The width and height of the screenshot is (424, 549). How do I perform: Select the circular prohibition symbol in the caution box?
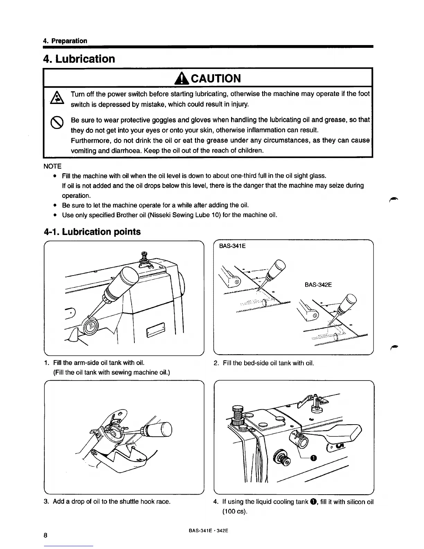pos(56,122)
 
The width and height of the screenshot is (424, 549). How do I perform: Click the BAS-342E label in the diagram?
pos(318,285)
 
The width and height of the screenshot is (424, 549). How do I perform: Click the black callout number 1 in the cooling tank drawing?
pos(313,458)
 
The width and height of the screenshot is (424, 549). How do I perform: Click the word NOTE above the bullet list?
pos(52,166)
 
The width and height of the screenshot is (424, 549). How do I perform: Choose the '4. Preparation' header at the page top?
pos(65,41)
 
